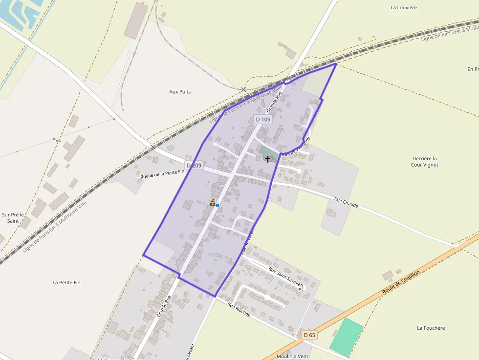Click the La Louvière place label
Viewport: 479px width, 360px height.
pos(403,7)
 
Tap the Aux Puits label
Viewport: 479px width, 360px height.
pos(180,92)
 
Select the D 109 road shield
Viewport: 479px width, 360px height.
pos(263,120)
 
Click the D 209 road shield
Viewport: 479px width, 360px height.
pos(194,166)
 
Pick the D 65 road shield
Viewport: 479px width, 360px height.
pos(309,335)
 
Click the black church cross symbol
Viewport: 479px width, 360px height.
pos(268,159)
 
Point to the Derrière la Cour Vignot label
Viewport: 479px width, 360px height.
pos(424,162)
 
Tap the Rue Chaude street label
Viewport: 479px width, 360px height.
pos(346,203)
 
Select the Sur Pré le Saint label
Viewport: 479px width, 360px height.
pos(13,217)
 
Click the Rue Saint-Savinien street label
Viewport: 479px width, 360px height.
pos(286,276)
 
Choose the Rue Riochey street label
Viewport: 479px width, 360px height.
pos(239,309)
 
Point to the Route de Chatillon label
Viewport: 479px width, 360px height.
pos(401,285)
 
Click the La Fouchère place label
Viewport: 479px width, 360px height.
pos(431,328)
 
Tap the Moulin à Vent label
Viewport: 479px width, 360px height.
pos(292,356)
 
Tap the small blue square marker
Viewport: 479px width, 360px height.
pos(218,205)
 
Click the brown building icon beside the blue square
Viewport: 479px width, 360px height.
pos(213,202)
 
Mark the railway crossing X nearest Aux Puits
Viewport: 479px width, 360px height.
pos(243,89)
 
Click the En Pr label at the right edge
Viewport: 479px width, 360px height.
pos(473,69)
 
